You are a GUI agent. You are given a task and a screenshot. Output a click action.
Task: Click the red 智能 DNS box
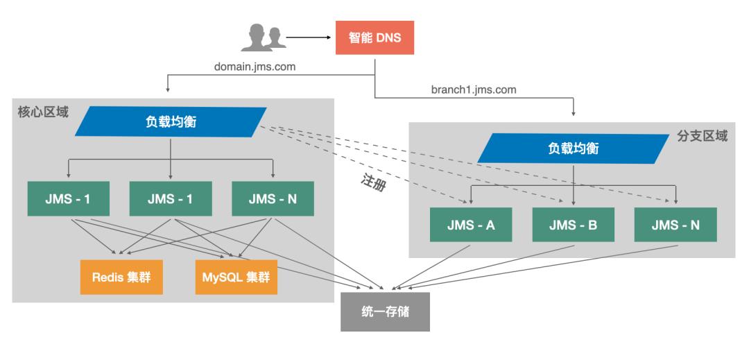point(375,37)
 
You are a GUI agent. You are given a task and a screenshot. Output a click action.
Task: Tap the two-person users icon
point(264,38)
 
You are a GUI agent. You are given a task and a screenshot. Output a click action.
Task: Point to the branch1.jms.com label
point(473,89)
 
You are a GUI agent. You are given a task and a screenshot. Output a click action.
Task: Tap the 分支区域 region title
point(702,136)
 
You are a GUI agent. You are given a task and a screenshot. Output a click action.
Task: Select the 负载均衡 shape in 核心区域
point(171,122)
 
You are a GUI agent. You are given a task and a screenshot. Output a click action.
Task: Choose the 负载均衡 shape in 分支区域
point(574,148)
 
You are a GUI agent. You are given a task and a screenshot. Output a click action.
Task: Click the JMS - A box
point(472,225)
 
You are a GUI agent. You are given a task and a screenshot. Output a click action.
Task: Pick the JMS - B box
point(574,225)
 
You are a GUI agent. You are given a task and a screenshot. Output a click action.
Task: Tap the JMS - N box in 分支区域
point(675,225)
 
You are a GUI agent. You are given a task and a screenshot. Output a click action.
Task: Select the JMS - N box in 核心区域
point(273,199)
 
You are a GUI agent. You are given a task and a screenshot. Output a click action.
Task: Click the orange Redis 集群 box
point(121,277)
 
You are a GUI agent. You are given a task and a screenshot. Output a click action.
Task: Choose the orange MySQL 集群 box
point(236,277)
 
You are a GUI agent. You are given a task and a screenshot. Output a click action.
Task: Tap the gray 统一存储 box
point(385,311)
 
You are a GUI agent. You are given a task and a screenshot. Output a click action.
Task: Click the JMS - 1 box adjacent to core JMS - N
point(171,199)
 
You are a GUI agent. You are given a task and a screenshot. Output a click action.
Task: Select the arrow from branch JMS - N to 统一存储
point(541,266)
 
